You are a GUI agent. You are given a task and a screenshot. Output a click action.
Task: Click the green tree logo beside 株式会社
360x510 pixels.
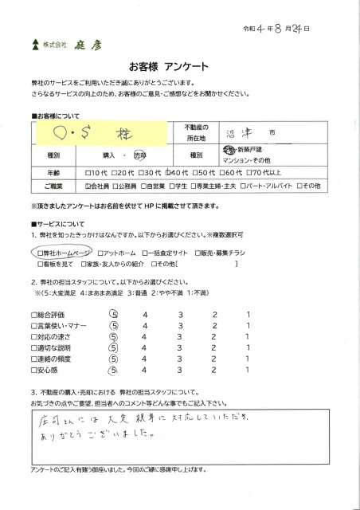pos(34,45)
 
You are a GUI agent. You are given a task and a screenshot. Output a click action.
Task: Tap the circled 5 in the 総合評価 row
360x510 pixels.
pos(112,314)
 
